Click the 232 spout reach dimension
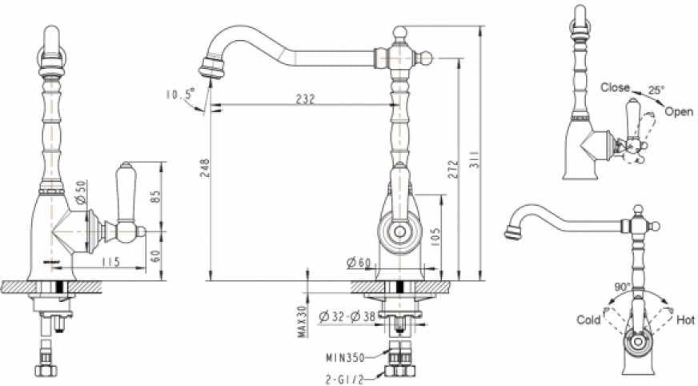(x=306, y=99)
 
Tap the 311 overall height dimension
(x=475, y=159)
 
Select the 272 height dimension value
(x=453, y=170)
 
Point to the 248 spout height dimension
(x=204, y=168)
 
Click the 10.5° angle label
(x=180, y=94)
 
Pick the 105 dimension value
(x=435, y=237)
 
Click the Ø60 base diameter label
(x=359, y=263)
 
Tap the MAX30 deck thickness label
(x=303, y=320)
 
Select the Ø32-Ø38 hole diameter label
(x=347, y=317)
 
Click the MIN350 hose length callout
(x=346, y=357)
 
